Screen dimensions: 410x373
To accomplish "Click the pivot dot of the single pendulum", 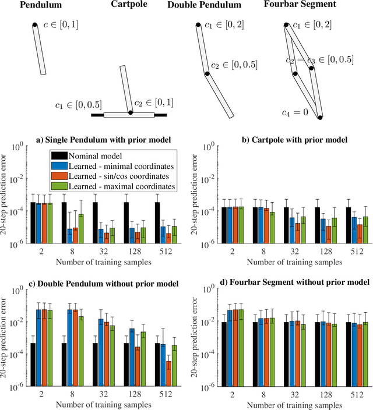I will click(x=34, y=24).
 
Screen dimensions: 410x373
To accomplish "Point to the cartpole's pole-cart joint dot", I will click(x=131, y=112).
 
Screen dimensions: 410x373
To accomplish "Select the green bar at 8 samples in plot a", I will click(x=80, y=227).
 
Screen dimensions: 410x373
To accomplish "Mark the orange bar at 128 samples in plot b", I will click(x=329, y=233).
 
